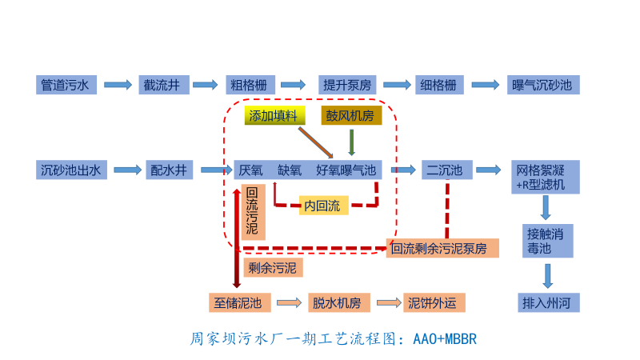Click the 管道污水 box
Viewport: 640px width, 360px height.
point(68,85)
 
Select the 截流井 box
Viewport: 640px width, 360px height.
point(163,85)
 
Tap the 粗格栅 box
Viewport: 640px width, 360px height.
point(249,85)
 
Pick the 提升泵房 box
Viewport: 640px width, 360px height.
point(346,85)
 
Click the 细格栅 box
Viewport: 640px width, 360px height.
point(439,85)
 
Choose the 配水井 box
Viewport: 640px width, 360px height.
point(168,170)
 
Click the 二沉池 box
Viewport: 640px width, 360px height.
point(444,170)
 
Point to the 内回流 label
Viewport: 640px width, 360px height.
point(323,206)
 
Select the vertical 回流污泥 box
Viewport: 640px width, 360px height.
point(252,213)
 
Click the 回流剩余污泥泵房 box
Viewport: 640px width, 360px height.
point(442,248)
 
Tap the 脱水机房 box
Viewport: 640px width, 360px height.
point(338,302)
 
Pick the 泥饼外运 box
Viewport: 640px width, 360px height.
point(432,302)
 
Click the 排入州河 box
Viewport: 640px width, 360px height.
point(546,303)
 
